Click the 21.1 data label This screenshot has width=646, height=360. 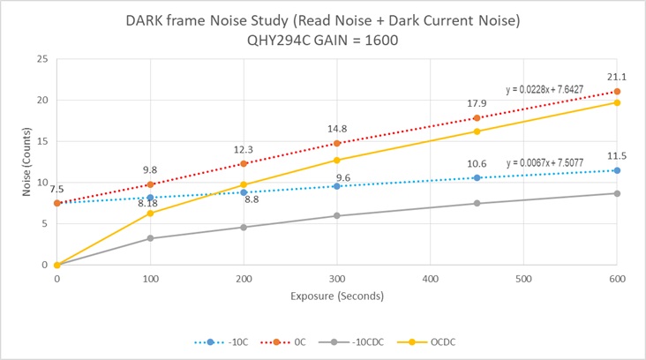point(616,75)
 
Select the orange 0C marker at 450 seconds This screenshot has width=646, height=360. point(477,117)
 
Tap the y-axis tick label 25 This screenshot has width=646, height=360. point(41,59)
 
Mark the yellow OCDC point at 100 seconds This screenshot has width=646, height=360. point(150,213)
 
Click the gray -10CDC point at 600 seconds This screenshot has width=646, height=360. point(617,193)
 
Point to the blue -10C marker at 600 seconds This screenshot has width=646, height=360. point(617,170)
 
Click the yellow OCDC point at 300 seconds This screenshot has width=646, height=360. point(336,160)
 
